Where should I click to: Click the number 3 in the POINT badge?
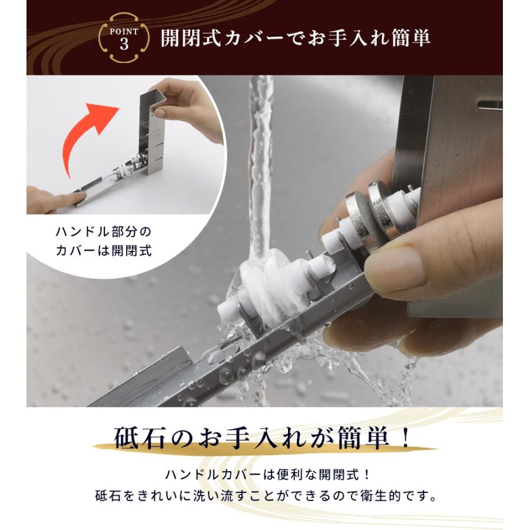tap(124, 44)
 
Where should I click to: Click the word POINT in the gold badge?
tap(124, 32)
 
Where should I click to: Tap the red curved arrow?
tap(85, 135)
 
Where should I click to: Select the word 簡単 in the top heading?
tap(410, 38)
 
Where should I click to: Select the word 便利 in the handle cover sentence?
tap(288, 475)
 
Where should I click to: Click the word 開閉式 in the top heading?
tap(190, 38)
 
